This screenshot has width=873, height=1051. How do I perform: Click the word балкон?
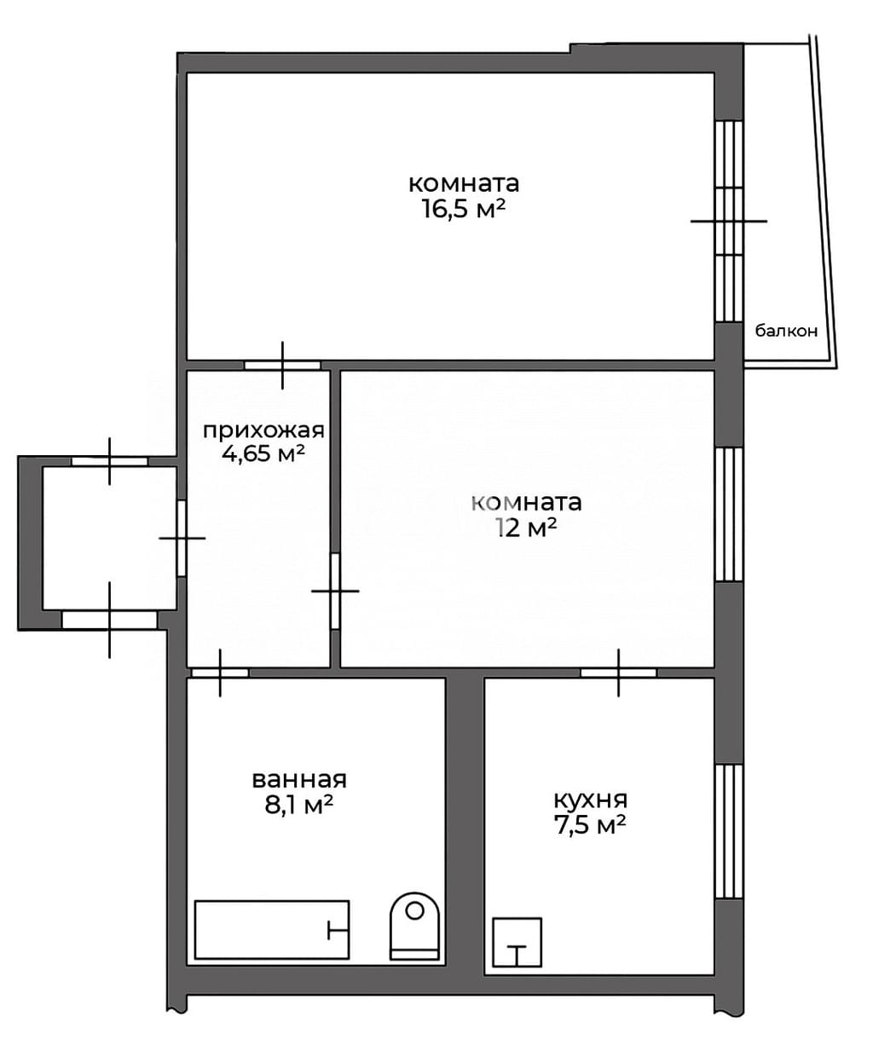click(786, 332)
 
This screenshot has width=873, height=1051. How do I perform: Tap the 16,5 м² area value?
click(464, 209)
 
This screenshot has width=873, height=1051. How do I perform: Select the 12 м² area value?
click(527, 528)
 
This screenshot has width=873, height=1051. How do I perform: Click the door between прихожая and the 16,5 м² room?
click(282, 365)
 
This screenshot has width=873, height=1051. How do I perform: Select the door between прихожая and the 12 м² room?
click(335, 591)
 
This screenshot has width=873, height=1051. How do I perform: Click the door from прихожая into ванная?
click(220, 673)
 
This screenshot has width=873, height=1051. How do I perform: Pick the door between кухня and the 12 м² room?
click(619, 673)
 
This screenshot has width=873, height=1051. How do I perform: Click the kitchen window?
click(730, 832)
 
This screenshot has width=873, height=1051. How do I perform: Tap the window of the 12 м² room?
click(730, 515)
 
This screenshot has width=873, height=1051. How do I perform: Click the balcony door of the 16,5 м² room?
click(730, 221)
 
